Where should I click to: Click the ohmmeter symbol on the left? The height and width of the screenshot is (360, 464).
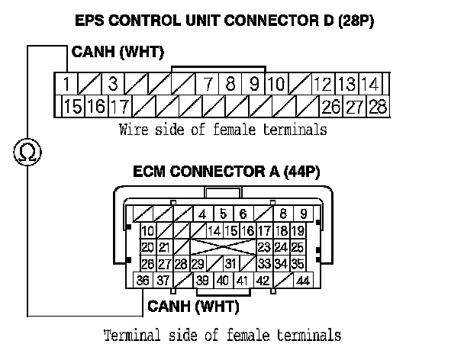point(27,153)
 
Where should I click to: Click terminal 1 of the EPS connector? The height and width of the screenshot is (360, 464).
point(68,83)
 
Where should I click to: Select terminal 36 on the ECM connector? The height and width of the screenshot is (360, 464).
point(143,281)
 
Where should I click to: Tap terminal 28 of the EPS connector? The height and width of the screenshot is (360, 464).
point(377,106)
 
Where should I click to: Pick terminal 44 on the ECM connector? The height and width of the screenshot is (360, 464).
point(303,281)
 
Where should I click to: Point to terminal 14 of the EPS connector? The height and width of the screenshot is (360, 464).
point(371,83)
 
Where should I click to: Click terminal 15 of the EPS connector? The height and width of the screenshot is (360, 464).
point(72,106)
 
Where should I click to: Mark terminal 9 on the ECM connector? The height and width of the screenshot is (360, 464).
point(304,214)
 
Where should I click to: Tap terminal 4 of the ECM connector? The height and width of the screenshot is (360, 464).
point(203,214)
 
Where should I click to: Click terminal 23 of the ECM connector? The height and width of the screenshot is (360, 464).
point(265,247)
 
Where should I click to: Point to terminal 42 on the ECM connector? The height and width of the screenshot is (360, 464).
point(263,281)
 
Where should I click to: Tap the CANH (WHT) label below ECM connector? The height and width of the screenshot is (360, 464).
point(192,307)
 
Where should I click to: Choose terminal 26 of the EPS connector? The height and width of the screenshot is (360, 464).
point(332,106)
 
